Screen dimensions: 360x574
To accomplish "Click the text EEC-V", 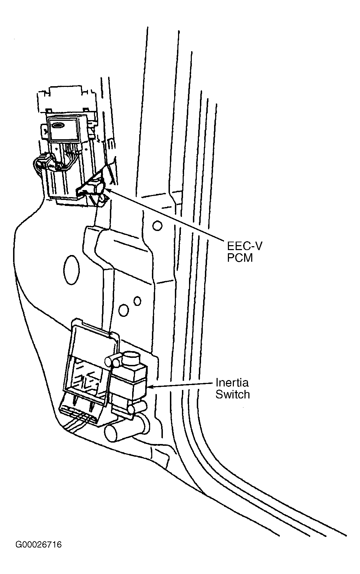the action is pos(245,246).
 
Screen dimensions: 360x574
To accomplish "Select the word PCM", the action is pos(240,258).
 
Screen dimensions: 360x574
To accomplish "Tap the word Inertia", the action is pos(232,382).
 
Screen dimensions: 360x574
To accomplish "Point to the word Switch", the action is pos(232,394).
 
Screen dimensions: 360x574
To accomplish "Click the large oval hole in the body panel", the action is pos(71,270).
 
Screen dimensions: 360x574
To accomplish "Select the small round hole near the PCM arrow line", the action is pos(157,225).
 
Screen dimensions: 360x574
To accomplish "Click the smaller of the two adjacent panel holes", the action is pos(137,301).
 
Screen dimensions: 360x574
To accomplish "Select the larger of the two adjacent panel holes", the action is pos(124,310).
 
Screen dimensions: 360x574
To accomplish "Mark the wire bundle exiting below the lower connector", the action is pos(74,424).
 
